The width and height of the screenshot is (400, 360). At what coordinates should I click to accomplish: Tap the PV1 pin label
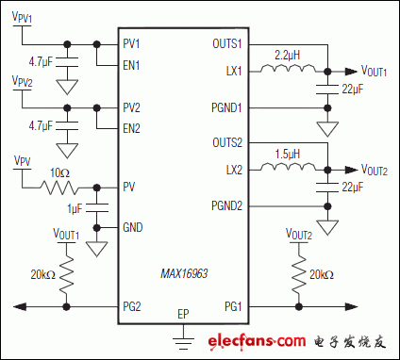click(131, 44)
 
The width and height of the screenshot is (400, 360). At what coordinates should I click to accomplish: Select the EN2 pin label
click(131, 127)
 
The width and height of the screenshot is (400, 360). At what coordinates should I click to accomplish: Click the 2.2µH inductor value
click(287, 55)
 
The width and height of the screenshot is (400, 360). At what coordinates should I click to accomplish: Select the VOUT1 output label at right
click(376, 72)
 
